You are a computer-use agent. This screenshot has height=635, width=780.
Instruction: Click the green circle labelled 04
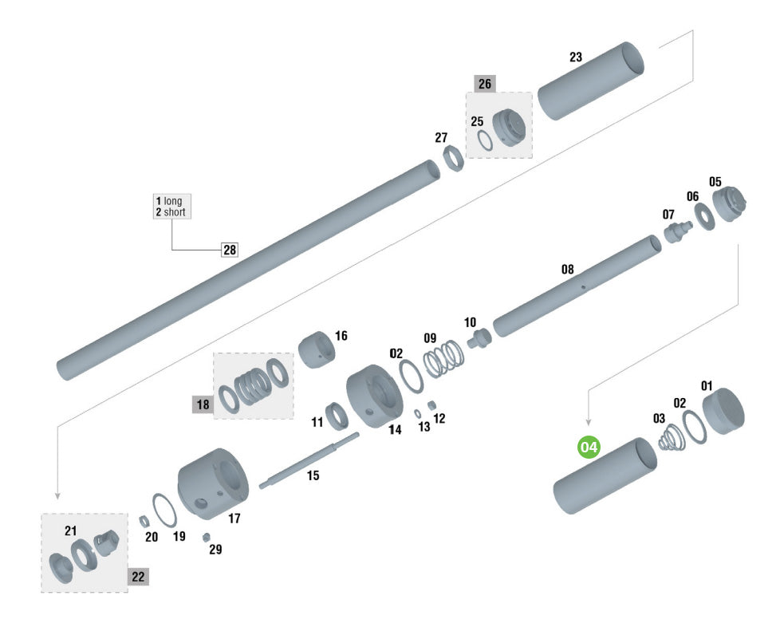589,447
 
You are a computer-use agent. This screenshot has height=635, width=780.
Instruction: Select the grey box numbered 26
485,84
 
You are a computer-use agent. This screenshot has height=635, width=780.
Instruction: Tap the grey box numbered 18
203,404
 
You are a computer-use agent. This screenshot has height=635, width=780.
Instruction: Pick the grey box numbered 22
138,577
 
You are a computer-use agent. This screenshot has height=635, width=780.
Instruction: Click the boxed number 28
230,250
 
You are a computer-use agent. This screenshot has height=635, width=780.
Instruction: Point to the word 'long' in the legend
172,201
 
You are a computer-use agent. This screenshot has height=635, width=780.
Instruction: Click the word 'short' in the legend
175,212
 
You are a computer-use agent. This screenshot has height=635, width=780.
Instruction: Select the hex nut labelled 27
453,158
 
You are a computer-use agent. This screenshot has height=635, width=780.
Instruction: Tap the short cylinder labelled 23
591,81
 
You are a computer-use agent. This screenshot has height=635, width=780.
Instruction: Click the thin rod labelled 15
309,461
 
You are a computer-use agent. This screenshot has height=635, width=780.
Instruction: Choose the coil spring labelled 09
443,360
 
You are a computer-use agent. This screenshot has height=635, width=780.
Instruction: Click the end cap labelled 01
723,411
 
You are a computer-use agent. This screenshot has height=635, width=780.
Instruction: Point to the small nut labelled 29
206,537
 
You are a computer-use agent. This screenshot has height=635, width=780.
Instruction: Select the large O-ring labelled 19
164,511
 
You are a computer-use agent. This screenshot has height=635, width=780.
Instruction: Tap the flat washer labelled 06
704,217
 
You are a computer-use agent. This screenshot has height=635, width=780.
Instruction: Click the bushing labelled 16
317,349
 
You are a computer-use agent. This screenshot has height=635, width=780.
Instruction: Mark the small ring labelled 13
418,414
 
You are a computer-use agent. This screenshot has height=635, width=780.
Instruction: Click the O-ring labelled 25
485,140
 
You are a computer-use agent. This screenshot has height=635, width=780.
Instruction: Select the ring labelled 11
337,416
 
